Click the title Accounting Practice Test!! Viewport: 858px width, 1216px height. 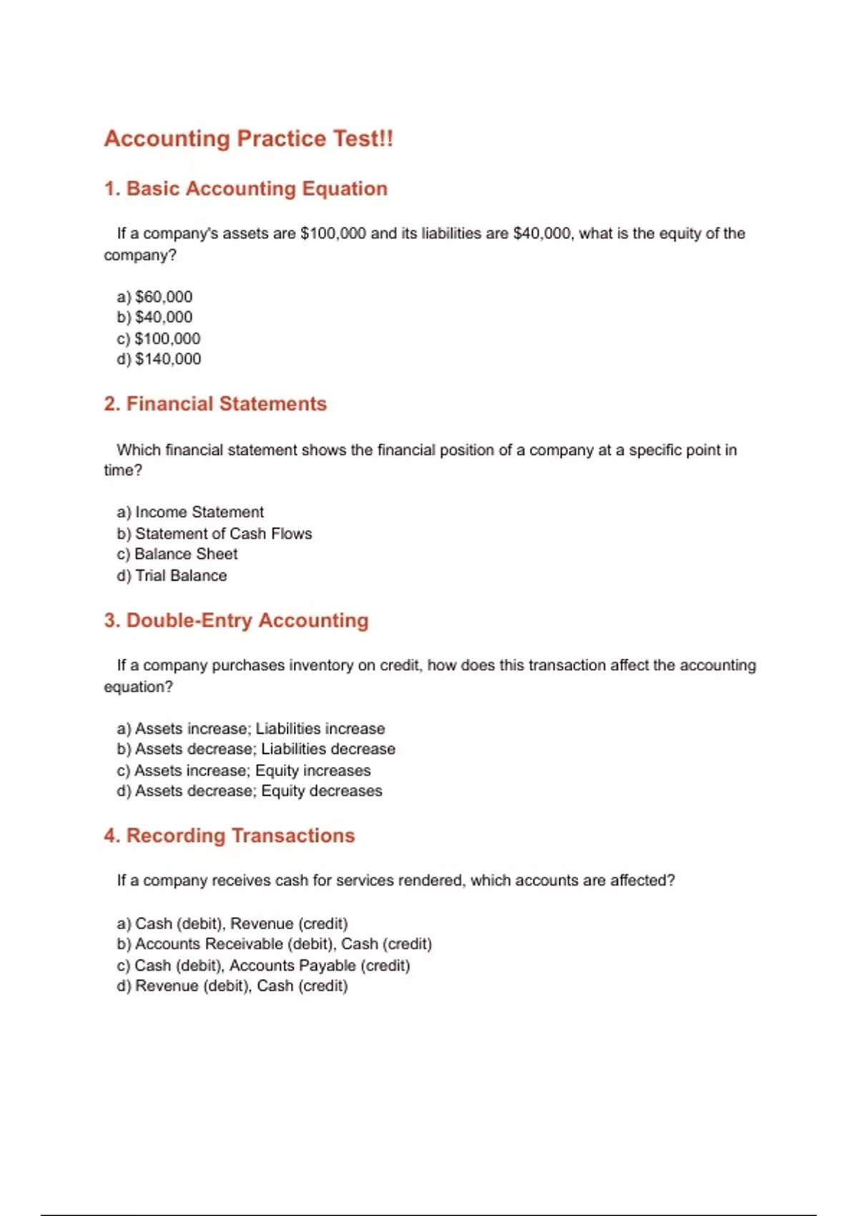coord(248,139)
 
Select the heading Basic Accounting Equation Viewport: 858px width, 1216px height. coord(245,189)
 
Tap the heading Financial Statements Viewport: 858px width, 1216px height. coord(214,404)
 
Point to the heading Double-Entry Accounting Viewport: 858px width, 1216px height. coord(236,620)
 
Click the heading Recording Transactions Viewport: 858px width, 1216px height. coord(229,835)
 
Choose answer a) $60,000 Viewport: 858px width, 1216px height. coord(154,297)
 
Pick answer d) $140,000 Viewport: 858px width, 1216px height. coord(159,359)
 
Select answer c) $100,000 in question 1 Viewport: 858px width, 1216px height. coord(159,338)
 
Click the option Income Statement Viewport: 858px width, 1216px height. coord(190,512)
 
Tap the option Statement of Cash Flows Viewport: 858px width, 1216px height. coord(214,534)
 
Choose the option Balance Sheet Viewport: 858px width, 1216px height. coord(177,554)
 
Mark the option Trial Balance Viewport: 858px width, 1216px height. coord(172,576)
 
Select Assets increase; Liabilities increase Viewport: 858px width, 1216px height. coord(251,729)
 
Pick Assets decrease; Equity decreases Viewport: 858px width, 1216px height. coord(250,791)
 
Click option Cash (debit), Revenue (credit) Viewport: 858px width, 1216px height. coord(232,923)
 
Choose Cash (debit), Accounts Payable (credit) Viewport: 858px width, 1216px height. coord(263,966)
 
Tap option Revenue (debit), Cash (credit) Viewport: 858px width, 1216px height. coord(232,986)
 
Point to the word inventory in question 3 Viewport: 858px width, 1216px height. coord(320,666)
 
